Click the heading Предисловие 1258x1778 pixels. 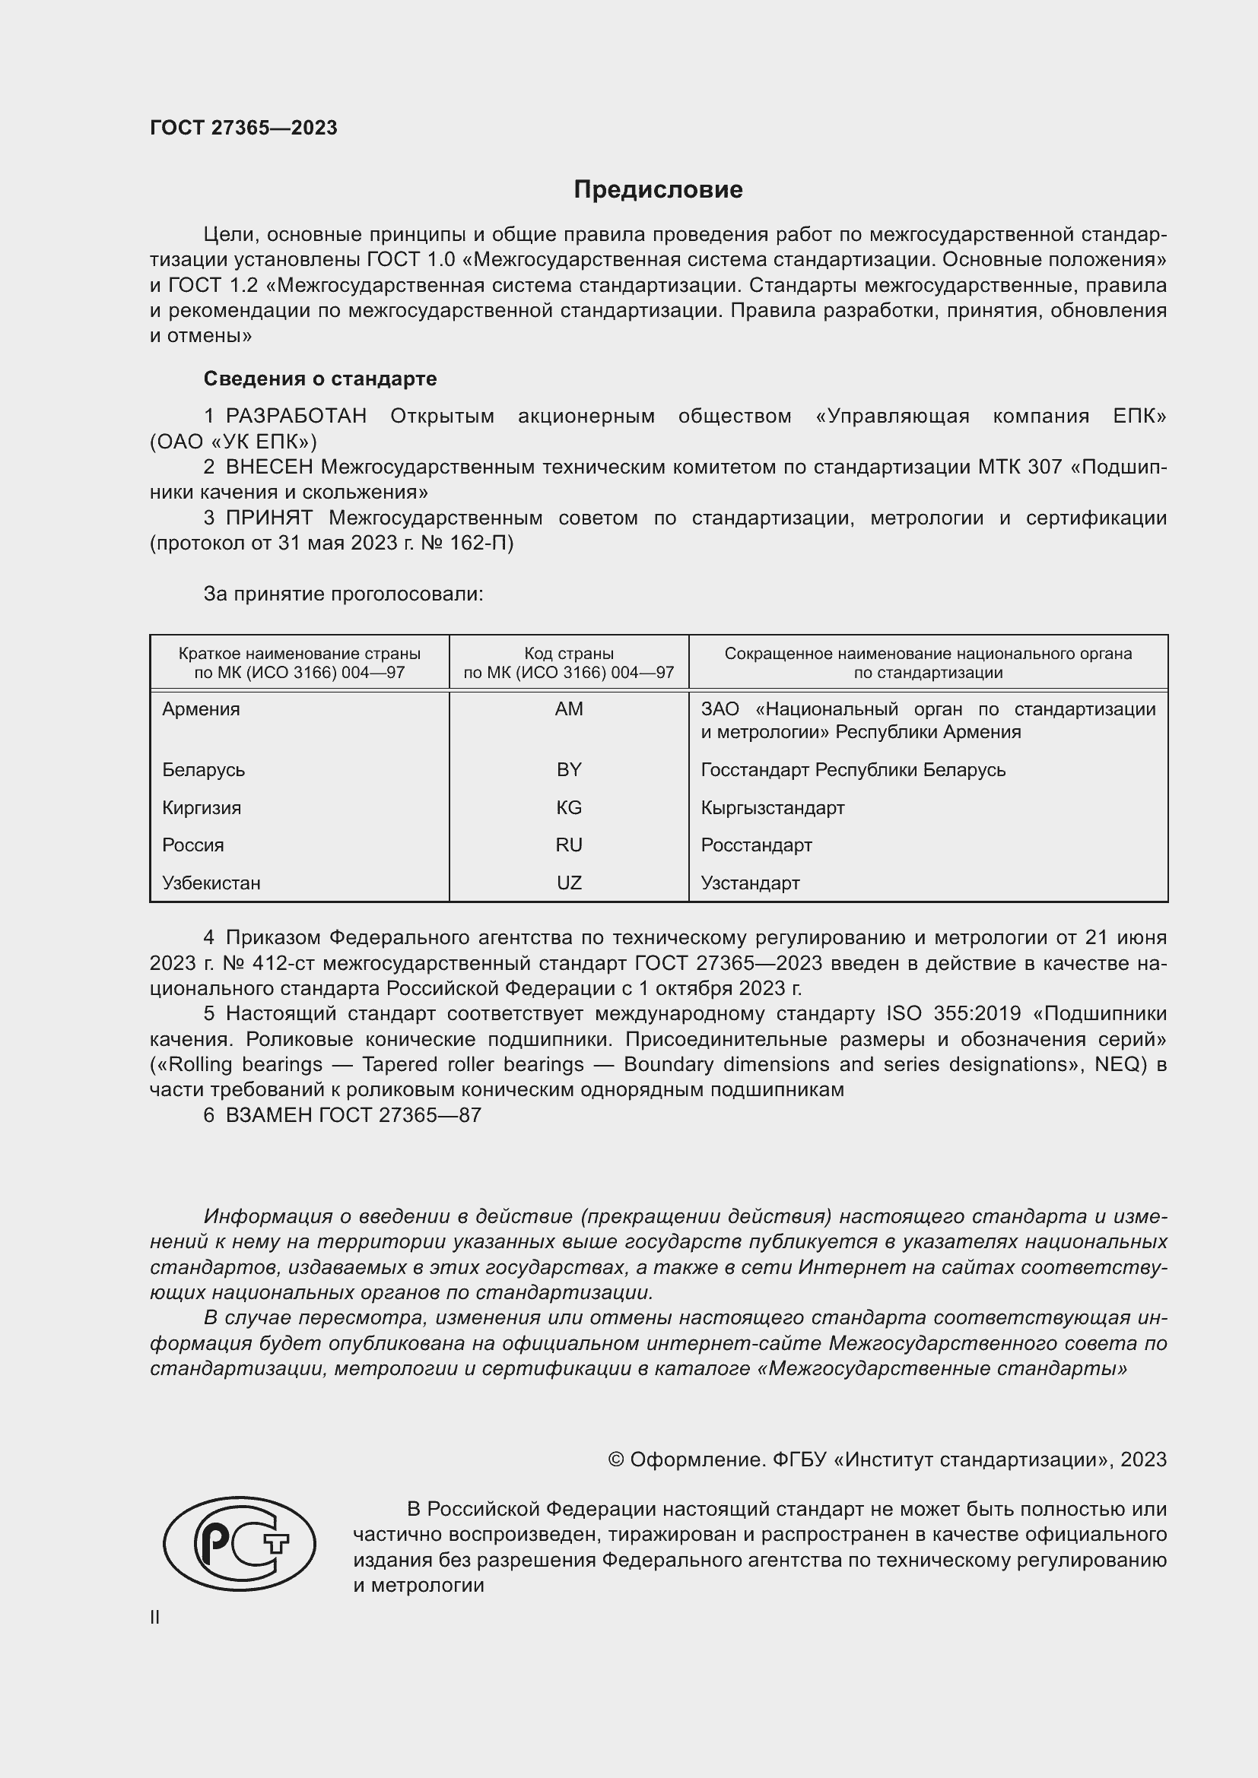[658, 190]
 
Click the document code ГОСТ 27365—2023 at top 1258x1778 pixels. [243, 128]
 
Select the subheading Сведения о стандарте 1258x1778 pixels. [320, 379]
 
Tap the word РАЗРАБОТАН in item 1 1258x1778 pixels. [296, 417]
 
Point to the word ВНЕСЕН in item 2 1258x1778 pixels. [268, 467]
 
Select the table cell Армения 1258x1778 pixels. [201, 709]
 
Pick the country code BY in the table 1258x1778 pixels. [569, 770]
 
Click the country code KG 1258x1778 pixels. [569, 808]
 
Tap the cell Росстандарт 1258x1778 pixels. [756, 845]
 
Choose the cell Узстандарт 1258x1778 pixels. [750, 883]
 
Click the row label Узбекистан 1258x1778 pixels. [211, 883]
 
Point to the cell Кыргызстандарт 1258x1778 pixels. [772, 808]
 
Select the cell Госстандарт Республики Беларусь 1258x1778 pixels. [853, 770]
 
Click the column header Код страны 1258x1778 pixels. [569, 654]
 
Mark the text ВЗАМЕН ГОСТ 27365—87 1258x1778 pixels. [353, 1115]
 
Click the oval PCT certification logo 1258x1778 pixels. [240, 1543]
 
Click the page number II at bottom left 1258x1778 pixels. [155, 1617]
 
